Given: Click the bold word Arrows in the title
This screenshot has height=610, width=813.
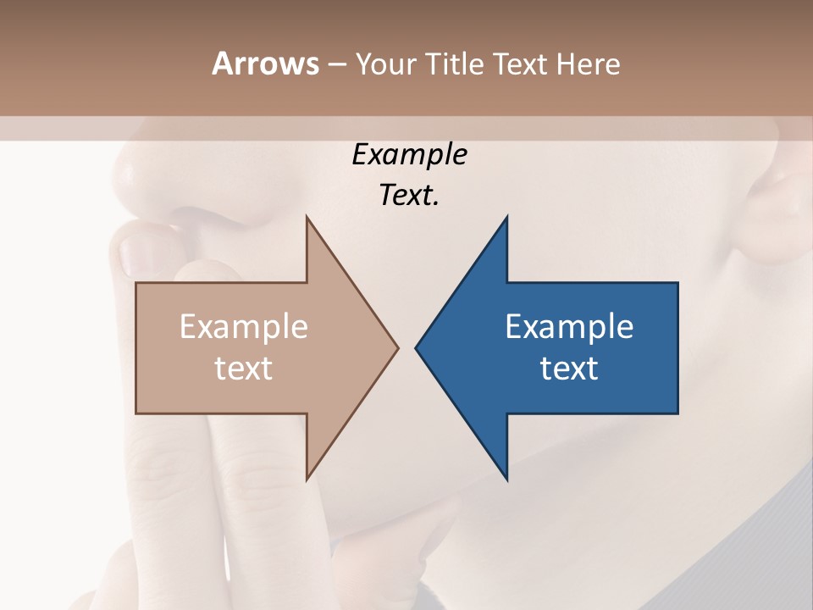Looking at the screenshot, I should click(265, 64).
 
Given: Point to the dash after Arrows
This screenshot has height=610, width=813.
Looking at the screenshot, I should click(336, 65).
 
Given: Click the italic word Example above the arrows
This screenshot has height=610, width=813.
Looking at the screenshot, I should click(409, 155).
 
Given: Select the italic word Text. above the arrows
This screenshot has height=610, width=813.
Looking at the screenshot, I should click(409, 196).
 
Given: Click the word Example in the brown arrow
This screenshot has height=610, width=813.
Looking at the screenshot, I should click(244, 327).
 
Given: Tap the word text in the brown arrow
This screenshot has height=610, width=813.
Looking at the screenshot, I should click(244, 369).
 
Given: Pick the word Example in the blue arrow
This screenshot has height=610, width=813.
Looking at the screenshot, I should click(569, 327).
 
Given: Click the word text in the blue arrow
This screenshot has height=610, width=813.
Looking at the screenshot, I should click(569, 369).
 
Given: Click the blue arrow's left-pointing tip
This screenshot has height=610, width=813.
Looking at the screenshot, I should click(417, 347).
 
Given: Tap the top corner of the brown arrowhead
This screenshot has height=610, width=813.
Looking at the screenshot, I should click(307, 218).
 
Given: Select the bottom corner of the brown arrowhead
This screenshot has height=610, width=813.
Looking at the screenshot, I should click(307, 479).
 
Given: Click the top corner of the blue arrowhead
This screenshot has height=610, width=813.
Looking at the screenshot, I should click(506, 218).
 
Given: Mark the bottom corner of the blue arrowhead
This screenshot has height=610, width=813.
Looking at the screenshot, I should click(506, 479).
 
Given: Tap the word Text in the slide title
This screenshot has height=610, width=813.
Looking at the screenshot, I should click(519, 64).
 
